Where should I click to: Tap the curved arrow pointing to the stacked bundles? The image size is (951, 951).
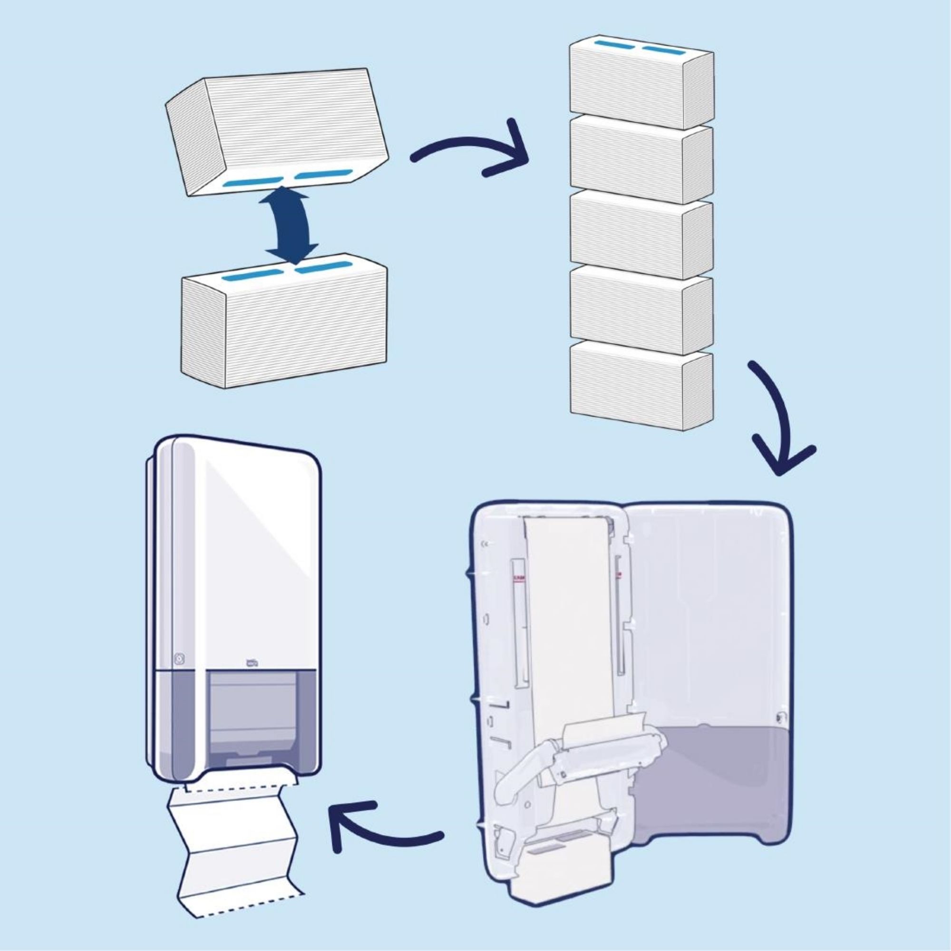467,148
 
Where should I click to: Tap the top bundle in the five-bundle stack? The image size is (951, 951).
640,86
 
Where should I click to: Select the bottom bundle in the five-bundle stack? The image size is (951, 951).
640,387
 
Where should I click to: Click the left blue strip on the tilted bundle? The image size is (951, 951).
252,183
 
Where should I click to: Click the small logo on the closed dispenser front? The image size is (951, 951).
252,662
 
